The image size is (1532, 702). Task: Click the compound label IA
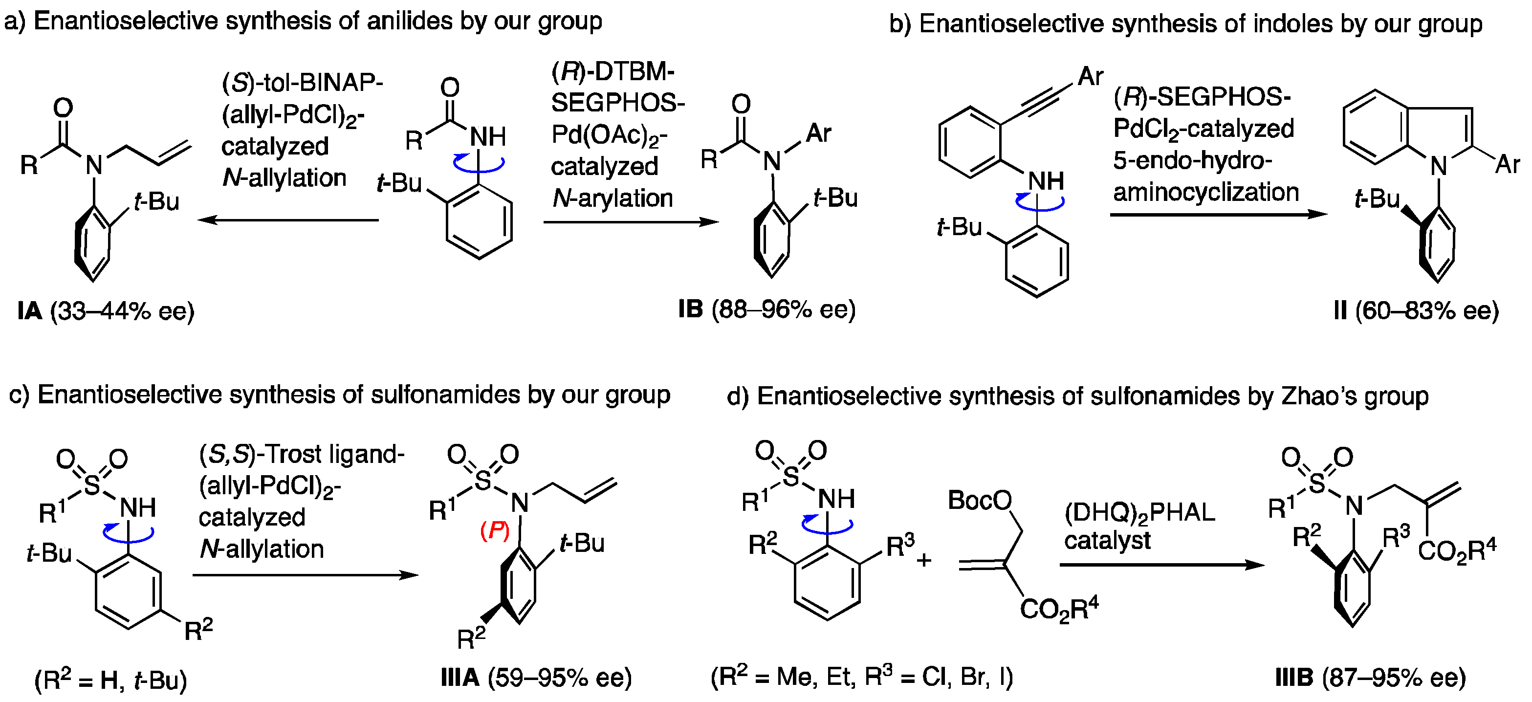(x=29, y=311)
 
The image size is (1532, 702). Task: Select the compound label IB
(x=690, y=309)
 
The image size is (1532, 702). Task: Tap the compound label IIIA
(x=460, y=678)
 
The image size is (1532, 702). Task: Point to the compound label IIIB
(x=1294, y=678)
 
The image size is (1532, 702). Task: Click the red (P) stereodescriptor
(x=495, y=531)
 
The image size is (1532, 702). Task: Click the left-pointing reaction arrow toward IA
(x=288, y=220)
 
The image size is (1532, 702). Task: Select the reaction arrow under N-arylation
(x=631, y=222)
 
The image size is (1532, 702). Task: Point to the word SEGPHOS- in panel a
(x=617, y=103)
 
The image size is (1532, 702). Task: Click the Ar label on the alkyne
(x=1090, y=76)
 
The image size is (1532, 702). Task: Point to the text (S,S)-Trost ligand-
(x=302, y=455)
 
